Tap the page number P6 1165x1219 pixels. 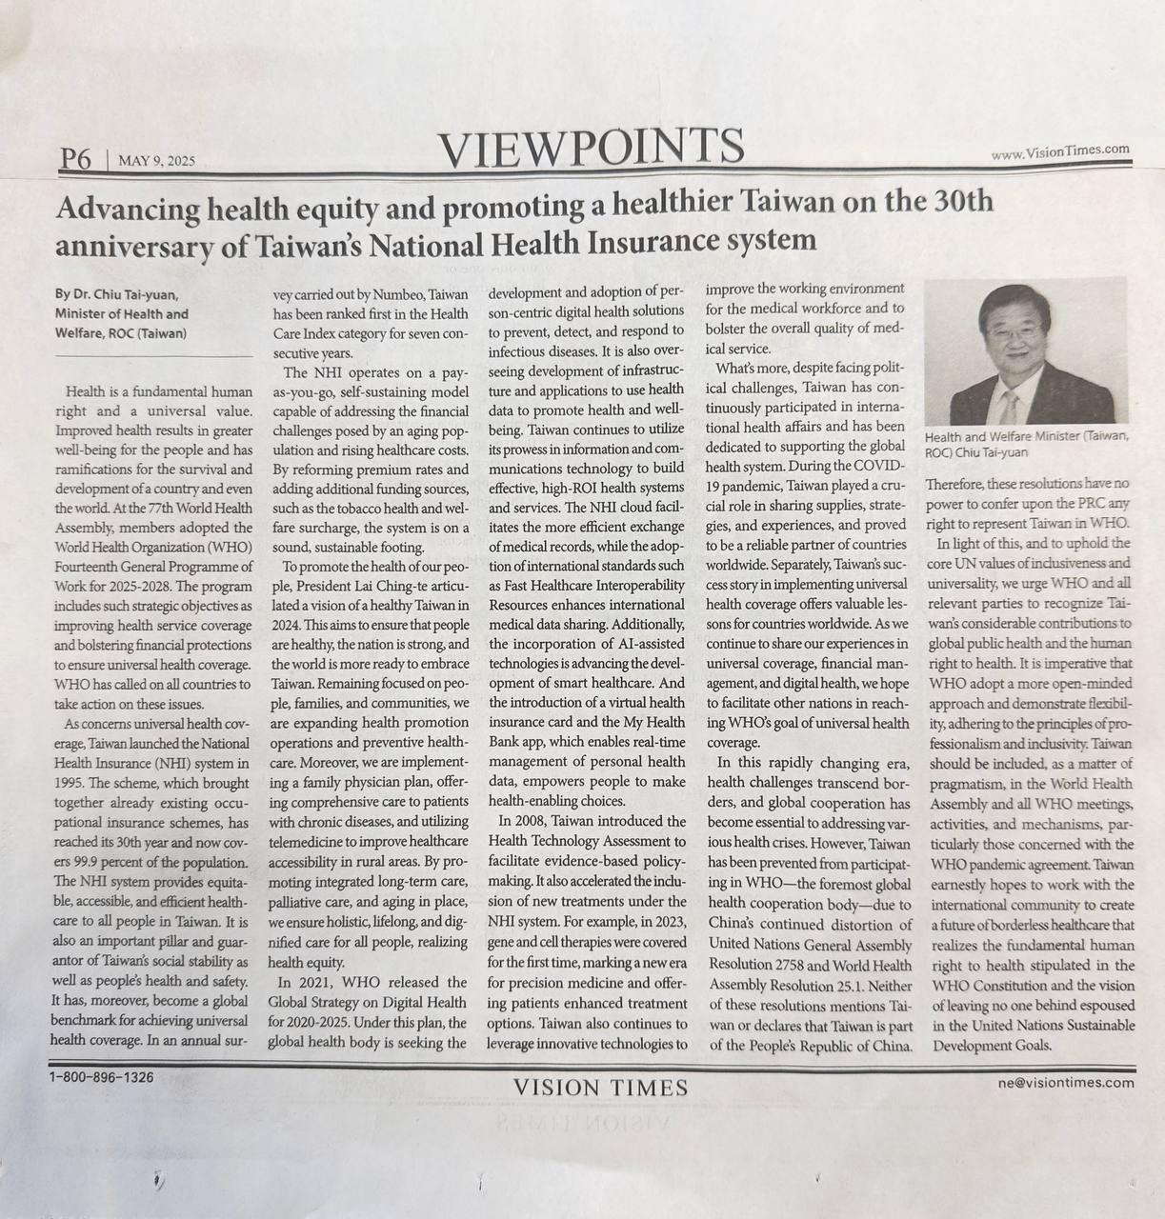(74, 160)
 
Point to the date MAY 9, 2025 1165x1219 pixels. (156, 162)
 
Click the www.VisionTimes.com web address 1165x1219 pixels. (1059, 151)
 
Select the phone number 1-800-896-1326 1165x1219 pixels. (101, 1077)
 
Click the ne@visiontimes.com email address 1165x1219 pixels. (1066, 1082)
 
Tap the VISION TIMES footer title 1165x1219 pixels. (600, 1088)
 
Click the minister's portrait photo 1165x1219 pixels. (1026, 352)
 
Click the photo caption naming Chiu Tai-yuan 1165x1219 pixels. (1026, 444)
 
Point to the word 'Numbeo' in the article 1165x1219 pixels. (388, 295)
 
